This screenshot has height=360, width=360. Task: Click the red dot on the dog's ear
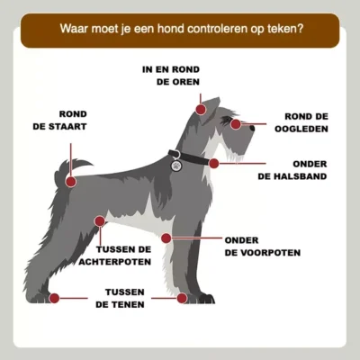pyautogui.click(x=201, y=109)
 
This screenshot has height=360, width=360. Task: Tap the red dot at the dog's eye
pyautogui.click(x=236, y=124)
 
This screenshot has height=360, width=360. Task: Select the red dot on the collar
pyautogui.click(x=214, y=164)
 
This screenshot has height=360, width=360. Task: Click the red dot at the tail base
pyautogui.click(x=71, y=182)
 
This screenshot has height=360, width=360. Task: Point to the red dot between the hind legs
pyautogui.click(x=100, y=221)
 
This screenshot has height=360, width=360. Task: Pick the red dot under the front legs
pyautogui.click(x=166, y=238)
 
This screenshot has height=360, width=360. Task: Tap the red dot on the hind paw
pyautogui.click(x=54, y=298)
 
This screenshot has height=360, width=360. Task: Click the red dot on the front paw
pyautogui.click(x=182, y=299)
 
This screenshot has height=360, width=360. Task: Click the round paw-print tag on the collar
pyautogui.click(x=176, y=166)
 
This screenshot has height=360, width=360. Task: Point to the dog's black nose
pyautogui.click(x=252, y=129)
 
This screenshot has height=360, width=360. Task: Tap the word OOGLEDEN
pyautogui.click(x=301, y=129)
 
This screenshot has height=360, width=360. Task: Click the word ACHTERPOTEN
pyautogui.click(x=114, y=262)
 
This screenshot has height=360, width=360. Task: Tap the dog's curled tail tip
pyautogui.click(x=91, y=165)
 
